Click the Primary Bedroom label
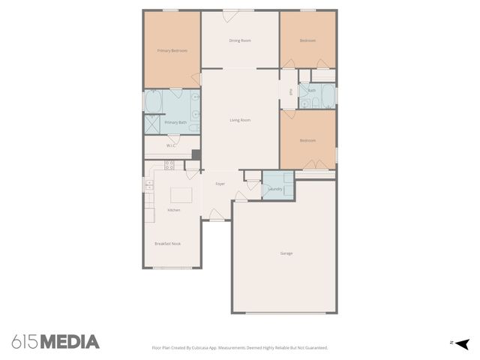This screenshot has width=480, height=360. click(x=172, y=50)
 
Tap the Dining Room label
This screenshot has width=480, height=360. click(x=240, y=40)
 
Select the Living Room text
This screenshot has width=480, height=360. click(x=240, y=120)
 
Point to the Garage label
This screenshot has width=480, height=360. click(x=286, y=253)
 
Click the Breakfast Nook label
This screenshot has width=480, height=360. click(x=167, y=244)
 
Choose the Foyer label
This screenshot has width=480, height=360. click(x=220, y=184)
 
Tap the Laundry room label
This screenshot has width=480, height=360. click(x=275, y=189)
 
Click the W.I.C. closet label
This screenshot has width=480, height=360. click(x=171, y=145)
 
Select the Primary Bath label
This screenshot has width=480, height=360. click(x=175, y=122)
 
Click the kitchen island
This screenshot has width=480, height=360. click(x=181, y=196)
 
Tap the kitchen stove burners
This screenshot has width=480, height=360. click(x=169, y=164)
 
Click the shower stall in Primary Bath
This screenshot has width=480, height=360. click(x=152, y=124)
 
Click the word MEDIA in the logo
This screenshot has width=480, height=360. click(x=70, y=342)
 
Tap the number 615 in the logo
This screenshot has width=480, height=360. click(x=25, y=342)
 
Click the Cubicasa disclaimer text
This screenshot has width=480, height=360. click(x=240, y=348)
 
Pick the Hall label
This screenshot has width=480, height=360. click(x=290, y=92)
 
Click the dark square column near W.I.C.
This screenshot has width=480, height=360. click(x=196, y=154)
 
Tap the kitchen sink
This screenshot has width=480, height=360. click(x=148, y=183)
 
